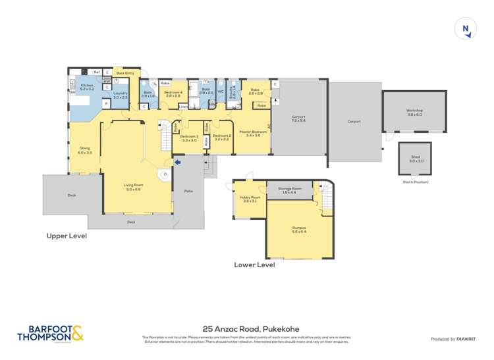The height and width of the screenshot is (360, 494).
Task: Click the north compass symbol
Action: pos(466,29)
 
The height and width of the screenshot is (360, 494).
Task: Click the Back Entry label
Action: pos(125,73)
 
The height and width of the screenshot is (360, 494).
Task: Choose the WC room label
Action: pos(221,91)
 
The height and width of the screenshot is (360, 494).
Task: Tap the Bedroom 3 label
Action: pos(189,138)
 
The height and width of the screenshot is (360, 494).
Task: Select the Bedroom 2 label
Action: pos(221,137)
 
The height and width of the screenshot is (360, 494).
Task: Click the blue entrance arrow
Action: pos(177,161)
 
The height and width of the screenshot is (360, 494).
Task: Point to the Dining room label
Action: pos(84,150)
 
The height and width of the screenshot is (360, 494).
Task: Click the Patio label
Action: pos(188,191)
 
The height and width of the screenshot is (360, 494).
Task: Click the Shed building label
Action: pos(416,159)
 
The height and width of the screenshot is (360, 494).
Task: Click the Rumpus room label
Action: pos(299,230)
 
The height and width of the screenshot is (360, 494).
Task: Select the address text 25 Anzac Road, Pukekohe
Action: pos(247,327)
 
